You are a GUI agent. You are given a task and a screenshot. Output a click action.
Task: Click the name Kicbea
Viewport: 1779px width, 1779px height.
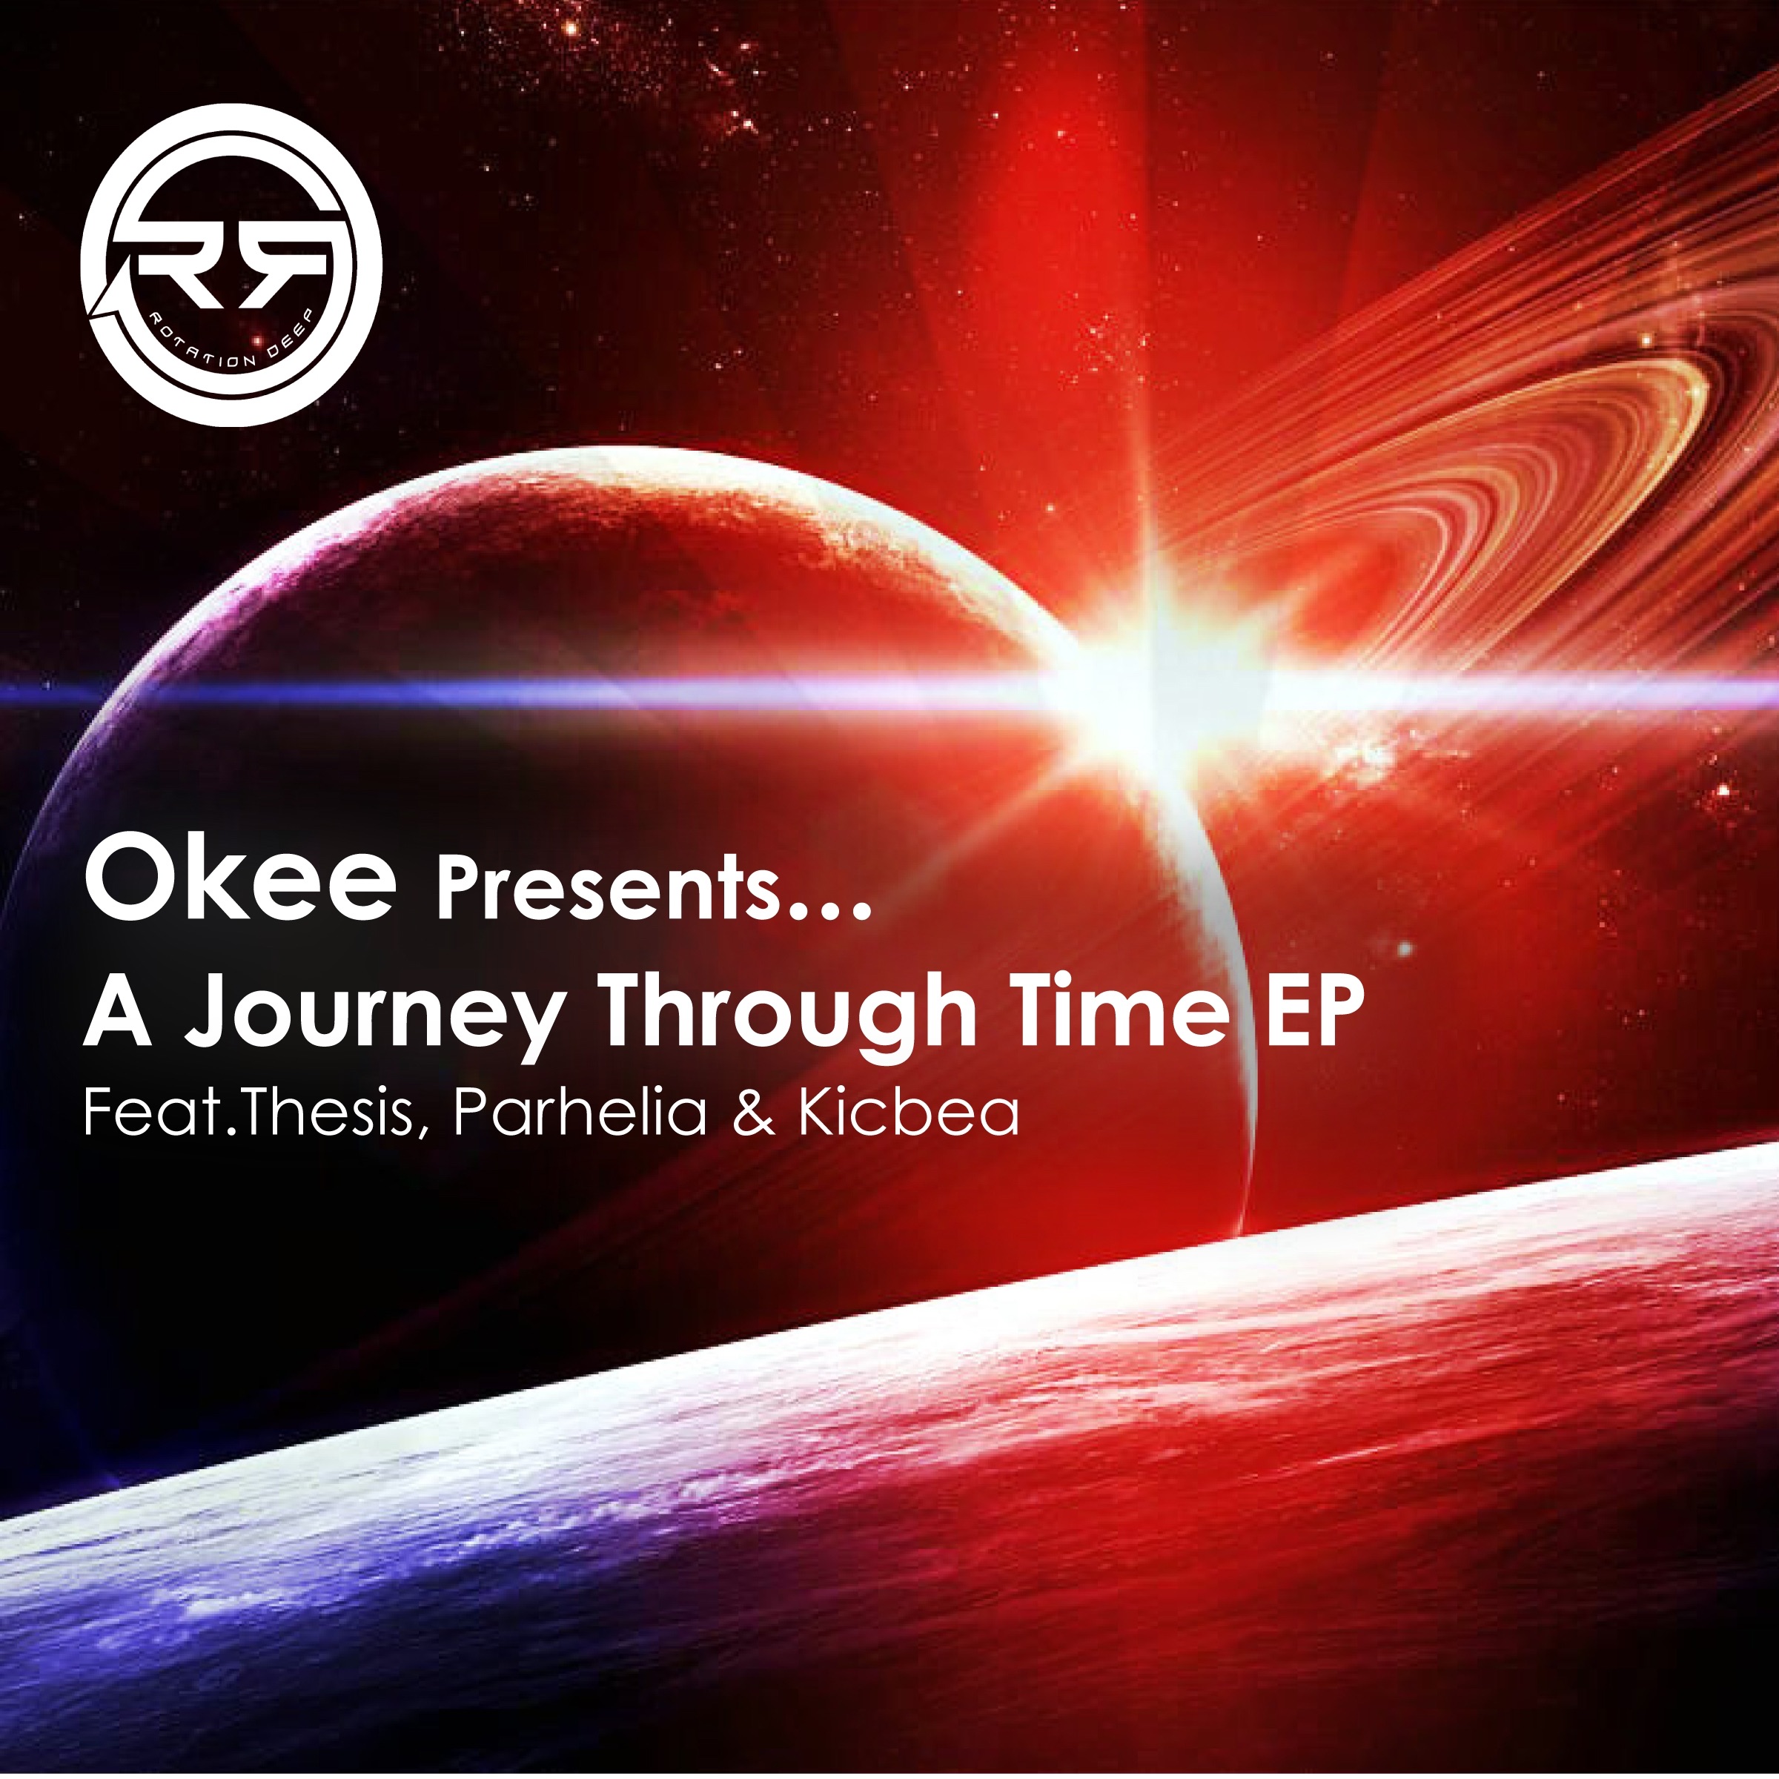point(908,1113)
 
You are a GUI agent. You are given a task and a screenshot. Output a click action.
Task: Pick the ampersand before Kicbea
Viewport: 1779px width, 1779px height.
point(753,1114)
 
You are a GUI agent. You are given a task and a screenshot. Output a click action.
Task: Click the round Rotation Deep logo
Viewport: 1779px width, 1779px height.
point(231,265)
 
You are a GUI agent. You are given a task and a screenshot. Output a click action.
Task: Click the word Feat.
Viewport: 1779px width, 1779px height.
point(148,1113)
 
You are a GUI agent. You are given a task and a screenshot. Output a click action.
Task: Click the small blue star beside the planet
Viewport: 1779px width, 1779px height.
point(1404,947)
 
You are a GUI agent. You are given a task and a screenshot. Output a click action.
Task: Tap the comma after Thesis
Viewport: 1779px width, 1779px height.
point(422,1130)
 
